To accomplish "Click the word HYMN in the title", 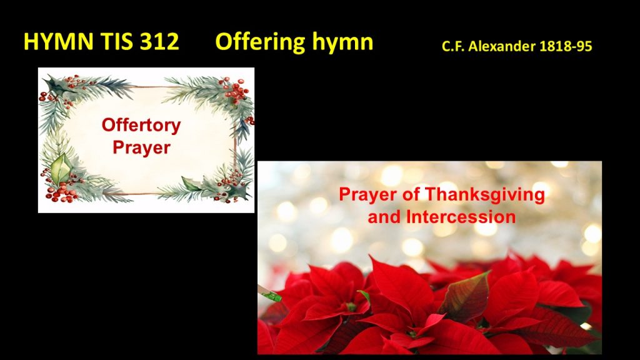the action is tap(58, 42).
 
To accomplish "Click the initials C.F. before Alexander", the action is tap(453, 46).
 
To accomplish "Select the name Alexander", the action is tap(502, 46).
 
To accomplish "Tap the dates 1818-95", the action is tap(566, 46).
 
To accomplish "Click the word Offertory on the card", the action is tap(141, 126).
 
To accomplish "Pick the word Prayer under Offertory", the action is tap(141, 147).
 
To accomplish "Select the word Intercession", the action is tap(461, 217).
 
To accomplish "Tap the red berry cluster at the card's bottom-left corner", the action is tap(62, 192).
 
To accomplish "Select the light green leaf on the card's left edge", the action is tap(61, 168).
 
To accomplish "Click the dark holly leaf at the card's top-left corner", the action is tap(56, 85).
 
